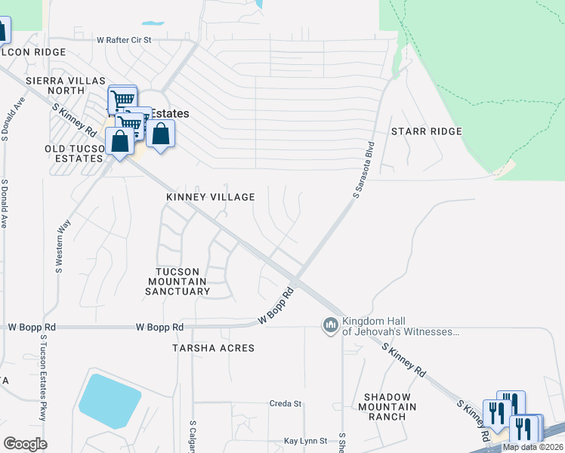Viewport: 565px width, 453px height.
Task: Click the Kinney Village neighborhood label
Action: click(x=210, y=197)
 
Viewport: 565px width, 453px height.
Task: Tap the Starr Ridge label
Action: click(x=426, y=131)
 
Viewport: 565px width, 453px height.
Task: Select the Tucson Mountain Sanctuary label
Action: click(x=178, y=282)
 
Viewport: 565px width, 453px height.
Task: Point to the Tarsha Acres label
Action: click(x=213, y=348)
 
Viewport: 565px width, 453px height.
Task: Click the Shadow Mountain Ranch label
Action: click(x=390, y=407)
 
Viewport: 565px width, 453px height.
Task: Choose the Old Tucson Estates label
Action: click(x=73, y=153)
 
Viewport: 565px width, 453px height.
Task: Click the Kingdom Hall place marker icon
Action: click(x=330, y=325)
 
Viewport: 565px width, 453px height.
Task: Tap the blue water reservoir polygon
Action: click(x=109, y=400)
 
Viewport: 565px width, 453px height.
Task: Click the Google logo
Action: click(x=25, y=444)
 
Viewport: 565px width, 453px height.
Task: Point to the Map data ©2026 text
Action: click(x=533, y=447)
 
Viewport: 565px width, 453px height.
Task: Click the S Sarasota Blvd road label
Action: click(x=364, y=171)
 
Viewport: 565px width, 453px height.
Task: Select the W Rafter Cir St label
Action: click(x=125, y=39)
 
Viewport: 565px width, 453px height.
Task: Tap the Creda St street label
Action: click(x=286, y=404)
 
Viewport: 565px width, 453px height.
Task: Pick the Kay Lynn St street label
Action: click(x=305, y=441)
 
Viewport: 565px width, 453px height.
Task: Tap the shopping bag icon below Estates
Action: click(x=160, y=136)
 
